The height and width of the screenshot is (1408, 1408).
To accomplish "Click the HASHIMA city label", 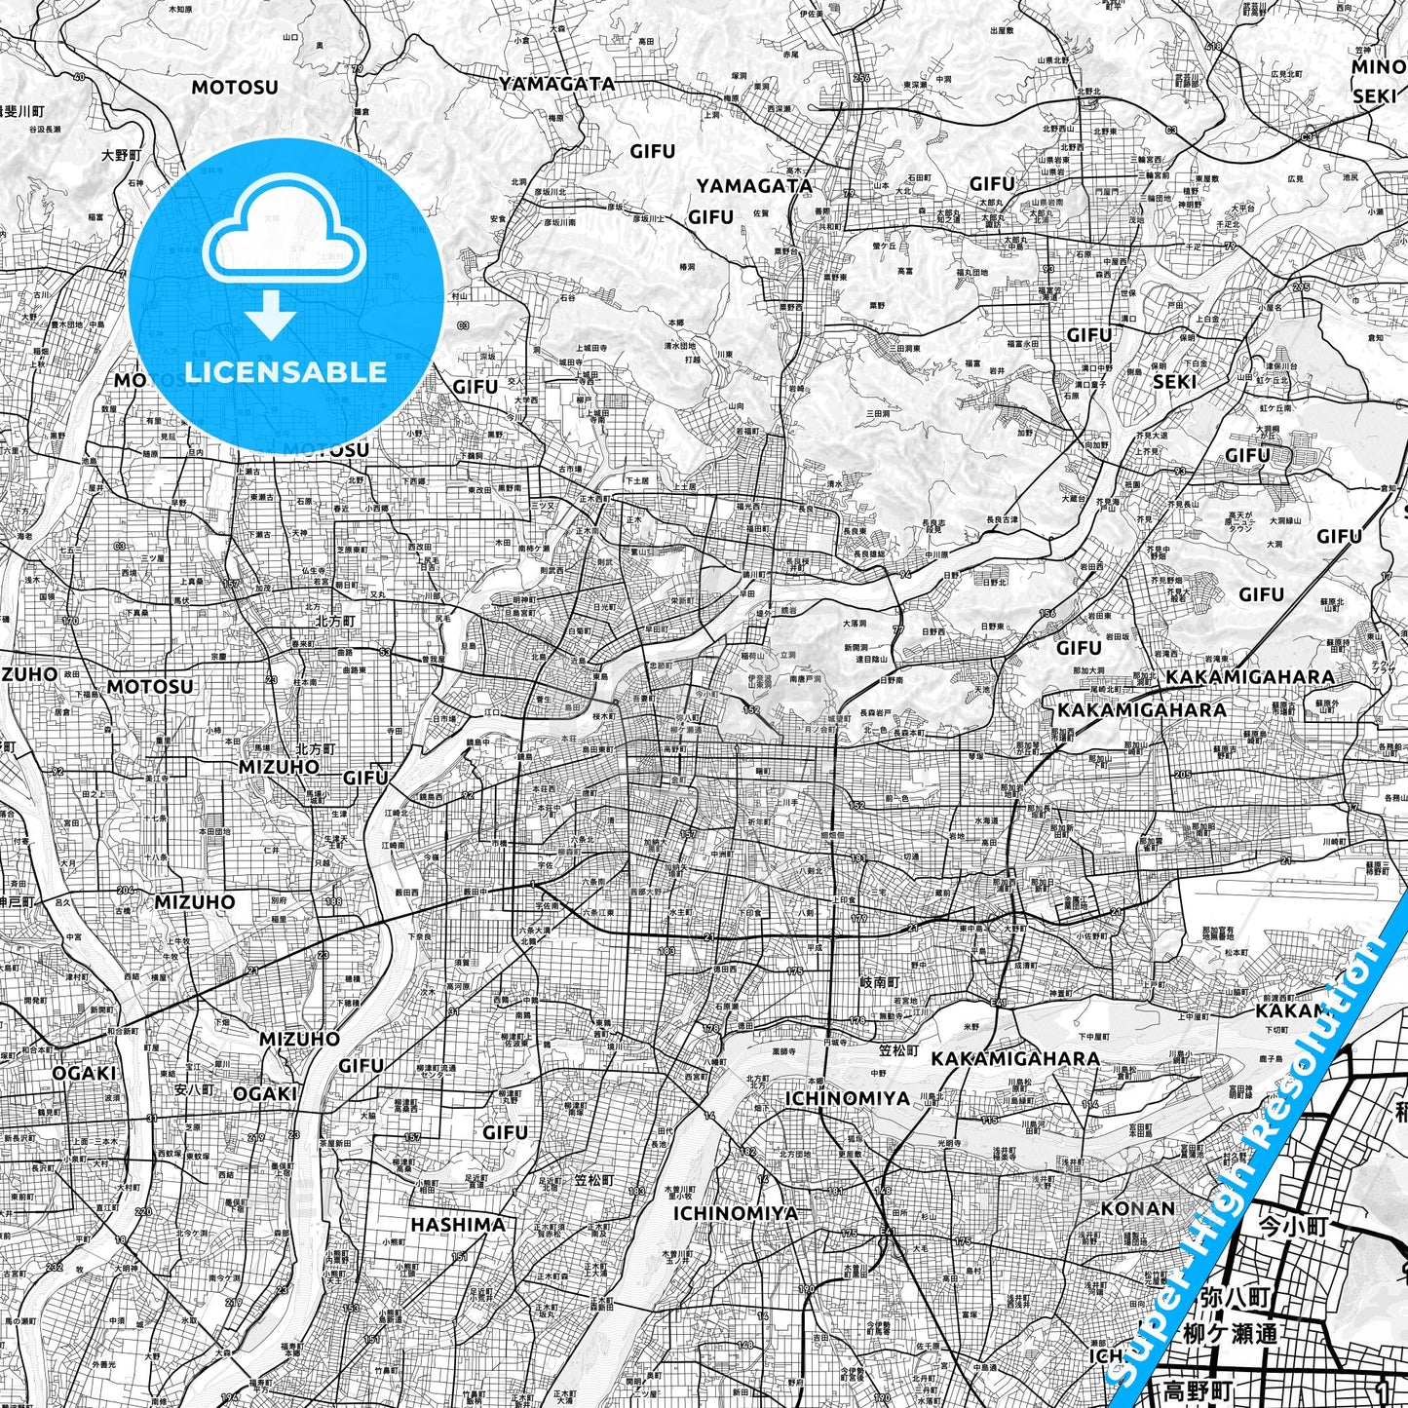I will [458, 1225].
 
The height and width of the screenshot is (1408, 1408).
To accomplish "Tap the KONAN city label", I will [1137, 1208].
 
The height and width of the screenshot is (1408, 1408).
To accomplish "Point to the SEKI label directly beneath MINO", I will [1375, 95].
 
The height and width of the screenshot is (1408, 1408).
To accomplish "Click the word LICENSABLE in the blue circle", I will [285, 371].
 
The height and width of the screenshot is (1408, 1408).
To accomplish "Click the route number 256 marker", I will [860, 78].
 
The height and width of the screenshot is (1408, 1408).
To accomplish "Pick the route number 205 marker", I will [1183, 774].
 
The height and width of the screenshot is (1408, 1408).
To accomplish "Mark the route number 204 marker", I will [126, 890].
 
